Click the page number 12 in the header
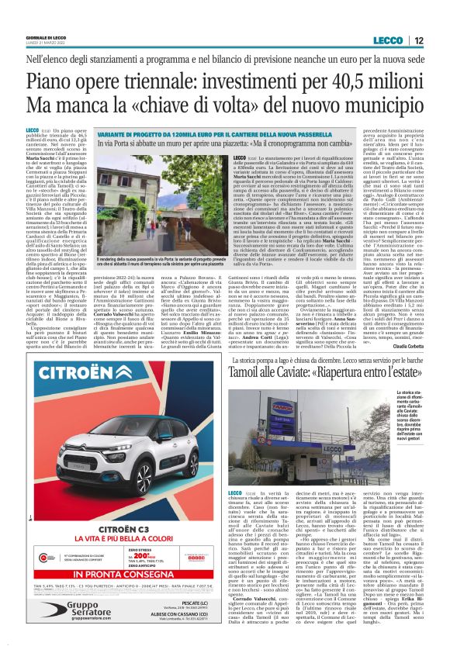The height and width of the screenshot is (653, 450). click(418, 40)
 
